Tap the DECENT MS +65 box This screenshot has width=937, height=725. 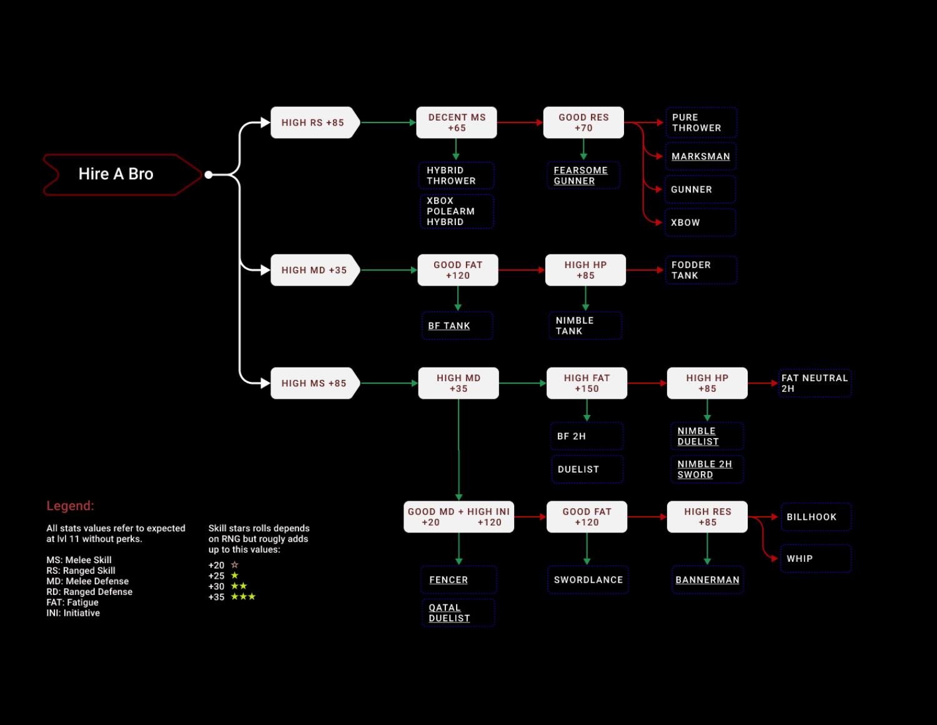click(457, 122)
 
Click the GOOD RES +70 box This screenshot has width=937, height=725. click(583, 122)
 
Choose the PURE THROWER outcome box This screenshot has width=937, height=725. click(700, 122)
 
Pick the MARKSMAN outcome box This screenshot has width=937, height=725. click(700, 156)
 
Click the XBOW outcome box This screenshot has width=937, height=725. click(700, 222)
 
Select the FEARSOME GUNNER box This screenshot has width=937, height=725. click(583, 176)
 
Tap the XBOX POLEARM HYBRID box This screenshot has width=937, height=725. click(457, 211)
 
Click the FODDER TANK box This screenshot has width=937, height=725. click(700, 270)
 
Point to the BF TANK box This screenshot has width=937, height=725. click(457, 326)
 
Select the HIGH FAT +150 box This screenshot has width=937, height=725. click(587, 383)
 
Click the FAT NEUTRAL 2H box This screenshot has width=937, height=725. click(815, 383)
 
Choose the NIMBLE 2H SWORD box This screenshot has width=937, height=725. click(707, 469)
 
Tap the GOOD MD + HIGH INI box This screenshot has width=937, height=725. click(459, 517)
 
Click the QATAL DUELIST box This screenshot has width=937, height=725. click(458, 613)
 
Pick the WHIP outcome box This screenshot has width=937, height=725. click(815, 559)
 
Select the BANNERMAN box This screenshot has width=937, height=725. click(707, 580)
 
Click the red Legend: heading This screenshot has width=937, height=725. click(70, 506)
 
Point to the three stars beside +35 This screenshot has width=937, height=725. click(243, 597)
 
